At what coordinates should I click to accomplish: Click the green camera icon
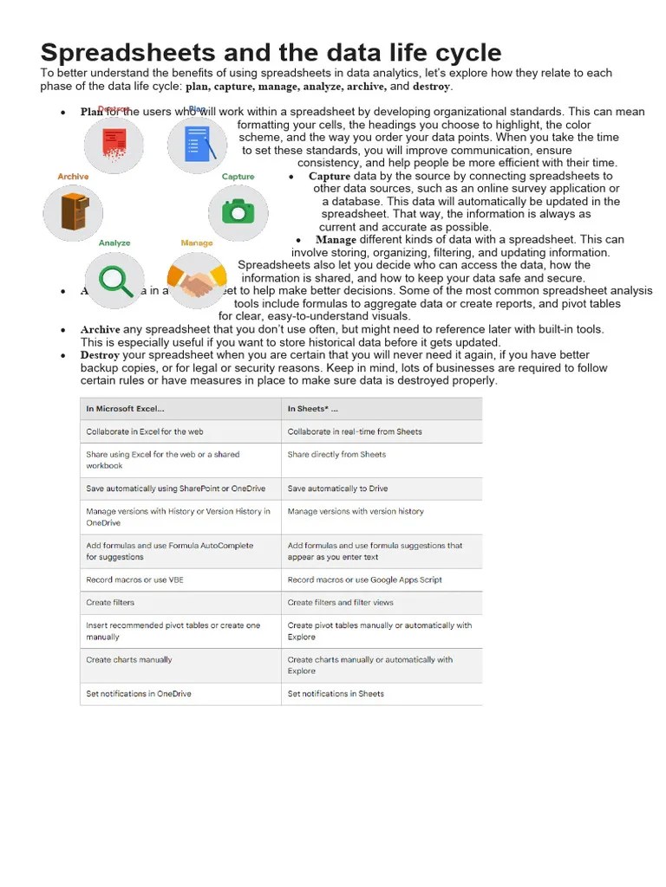(238, 211)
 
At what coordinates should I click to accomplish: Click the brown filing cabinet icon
(73, 212)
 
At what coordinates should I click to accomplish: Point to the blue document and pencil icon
(197, 144)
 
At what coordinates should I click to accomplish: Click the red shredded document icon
(113, 144)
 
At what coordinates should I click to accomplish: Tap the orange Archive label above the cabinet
(73, 177)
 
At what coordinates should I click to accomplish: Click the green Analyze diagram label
(114, 243)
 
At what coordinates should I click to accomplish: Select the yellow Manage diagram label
(197, 243)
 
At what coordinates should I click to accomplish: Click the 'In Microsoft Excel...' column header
(125, 409)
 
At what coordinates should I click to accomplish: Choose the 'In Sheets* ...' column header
(313, 409)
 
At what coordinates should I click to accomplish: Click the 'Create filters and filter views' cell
(340, 603)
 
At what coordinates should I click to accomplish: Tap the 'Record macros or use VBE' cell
(134, 579)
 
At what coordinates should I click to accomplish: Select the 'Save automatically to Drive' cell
(337, 489)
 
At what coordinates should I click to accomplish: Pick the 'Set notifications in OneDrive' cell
(139, 694)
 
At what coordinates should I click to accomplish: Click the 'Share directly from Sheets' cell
(336, 455)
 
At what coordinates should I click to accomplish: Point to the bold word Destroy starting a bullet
(100, 355)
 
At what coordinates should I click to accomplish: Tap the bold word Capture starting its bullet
(330, 176)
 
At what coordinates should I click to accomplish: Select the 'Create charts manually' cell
(129, 660)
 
